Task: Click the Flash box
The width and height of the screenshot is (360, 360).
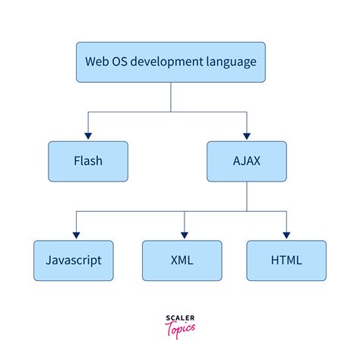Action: (87, 160)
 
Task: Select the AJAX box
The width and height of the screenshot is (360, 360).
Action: (246, 160)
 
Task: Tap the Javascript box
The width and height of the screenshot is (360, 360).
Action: (74, 260)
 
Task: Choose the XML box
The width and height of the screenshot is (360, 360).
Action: (182, 260)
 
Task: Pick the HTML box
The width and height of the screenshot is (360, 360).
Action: (286, 260)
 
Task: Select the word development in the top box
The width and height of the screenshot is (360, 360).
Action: (166, 62)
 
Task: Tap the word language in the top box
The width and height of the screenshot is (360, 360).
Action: (227, 62)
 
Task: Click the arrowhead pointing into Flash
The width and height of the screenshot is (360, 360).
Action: (87, 136)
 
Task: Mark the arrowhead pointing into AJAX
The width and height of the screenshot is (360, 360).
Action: (246, 136)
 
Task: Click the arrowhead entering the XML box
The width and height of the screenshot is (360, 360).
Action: (182, 235)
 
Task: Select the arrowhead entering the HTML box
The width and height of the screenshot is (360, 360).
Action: (286, 235)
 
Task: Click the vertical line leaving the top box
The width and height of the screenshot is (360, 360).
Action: (170, 97)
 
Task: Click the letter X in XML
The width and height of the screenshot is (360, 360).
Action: (173, 260)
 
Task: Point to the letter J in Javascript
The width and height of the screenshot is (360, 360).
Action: (49, 260)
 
